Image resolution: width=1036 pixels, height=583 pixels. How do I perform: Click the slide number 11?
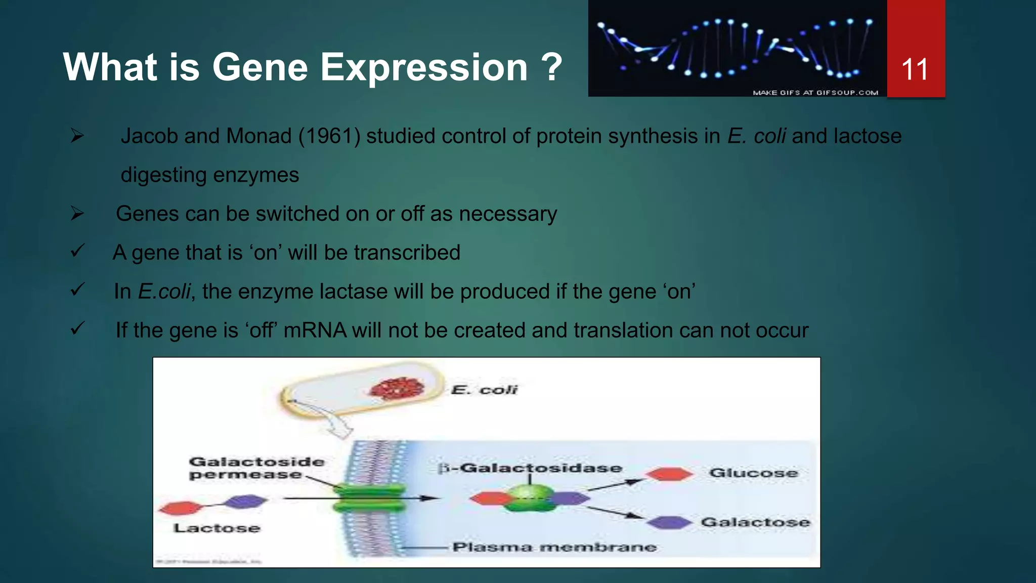(x=915, y=69)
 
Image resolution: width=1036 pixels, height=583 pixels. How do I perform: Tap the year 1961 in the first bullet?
(x=329, y=136)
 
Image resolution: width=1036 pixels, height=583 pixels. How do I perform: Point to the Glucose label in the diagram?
(x=753, y=473)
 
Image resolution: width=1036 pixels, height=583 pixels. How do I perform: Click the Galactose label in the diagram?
(x=755, y=522)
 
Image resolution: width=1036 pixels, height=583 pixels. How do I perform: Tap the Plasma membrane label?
(x=554, y=547)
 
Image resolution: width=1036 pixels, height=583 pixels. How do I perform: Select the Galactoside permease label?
(x=256, y=468)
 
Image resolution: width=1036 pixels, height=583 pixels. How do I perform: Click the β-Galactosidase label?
(x=530, y=468)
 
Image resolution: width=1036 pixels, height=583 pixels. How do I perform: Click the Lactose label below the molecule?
(x=217, y=528)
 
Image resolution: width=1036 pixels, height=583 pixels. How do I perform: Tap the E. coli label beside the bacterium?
(x=484, y=390)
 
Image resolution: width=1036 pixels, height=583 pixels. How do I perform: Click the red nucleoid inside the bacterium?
(x=397, y=389)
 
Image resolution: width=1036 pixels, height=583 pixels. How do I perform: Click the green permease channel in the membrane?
(x=369, y=498)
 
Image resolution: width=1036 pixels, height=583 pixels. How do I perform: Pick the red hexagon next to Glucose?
(x=669, y=474)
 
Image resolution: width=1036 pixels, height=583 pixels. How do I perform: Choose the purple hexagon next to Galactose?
(x=669, y=522)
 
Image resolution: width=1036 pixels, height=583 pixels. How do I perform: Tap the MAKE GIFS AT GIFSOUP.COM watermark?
(x=815, y=93)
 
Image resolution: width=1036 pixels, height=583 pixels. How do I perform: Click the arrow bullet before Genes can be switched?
(x=77, y=214)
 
